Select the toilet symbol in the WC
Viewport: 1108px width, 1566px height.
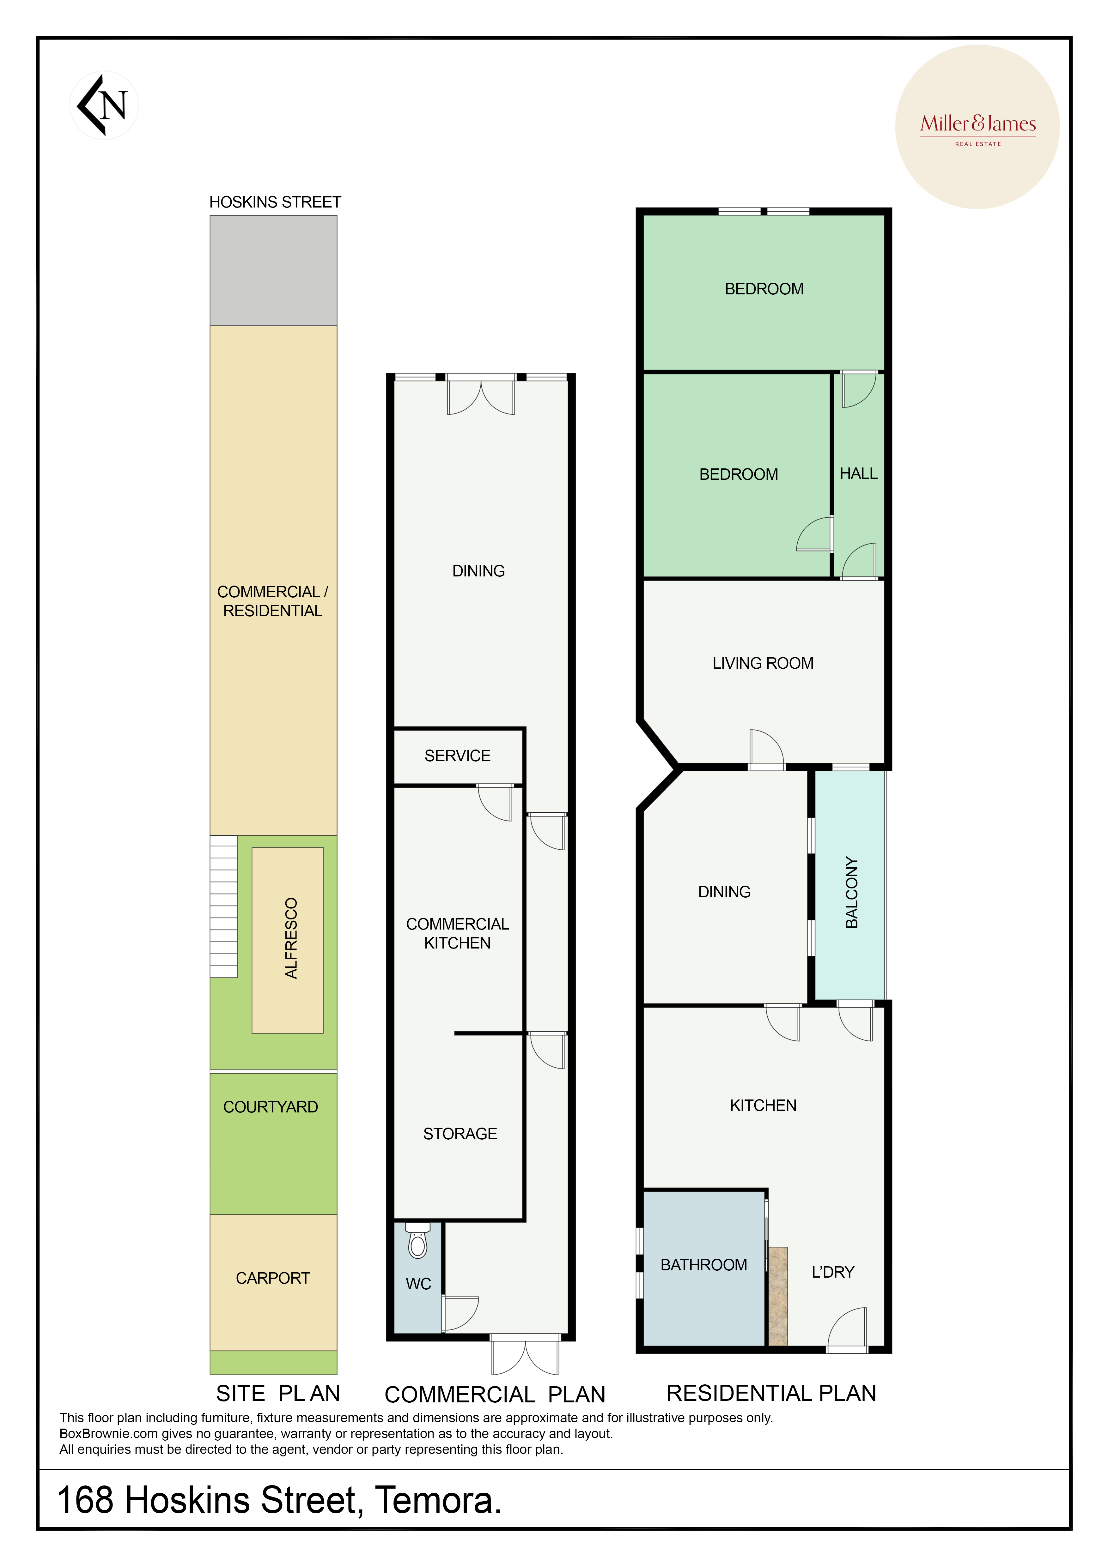pyautogui.click(x=417, y=1240)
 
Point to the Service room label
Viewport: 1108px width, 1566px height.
pyautogui.click(x=457, y=756)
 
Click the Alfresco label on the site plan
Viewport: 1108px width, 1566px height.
pyautogui.click(x=291, y=938)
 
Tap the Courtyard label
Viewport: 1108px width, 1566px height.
pyautogui.click(x=271, y=1107)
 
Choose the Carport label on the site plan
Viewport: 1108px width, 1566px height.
pyautogui.click(x=273, y=1278)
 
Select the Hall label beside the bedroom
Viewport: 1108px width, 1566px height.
pyautogui.click(x=858, y=473)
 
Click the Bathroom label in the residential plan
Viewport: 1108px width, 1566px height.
pyautogui.click(x=703, y=1265)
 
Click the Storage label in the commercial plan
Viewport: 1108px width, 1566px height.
pyautogui.click(x=460, y=1134)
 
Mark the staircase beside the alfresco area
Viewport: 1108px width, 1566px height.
pyautogui.click(x=223, y=906)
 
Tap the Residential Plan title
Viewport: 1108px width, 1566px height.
pyautogui.click(x=771, y=1393)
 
